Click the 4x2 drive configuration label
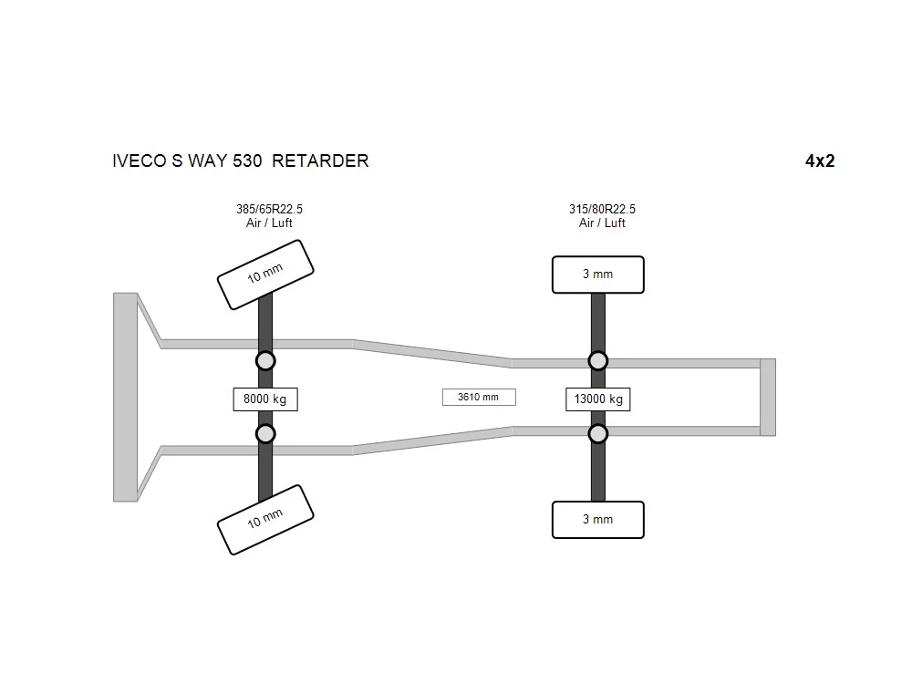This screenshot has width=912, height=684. pos(820,161)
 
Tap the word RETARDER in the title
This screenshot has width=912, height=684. pos(320,161)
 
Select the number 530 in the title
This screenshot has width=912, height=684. pos(247,161)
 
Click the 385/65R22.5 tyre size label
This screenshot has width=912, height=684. pos(269,209)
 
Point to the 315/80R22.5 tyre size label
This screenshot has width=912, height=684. pos(602,209)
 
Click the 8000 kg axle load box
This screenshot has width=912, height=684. pos(265,399)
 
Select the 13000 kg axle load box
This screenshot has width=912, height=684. pos(598,399)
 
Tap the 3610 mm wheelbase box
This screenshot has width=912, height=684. pos(479,398)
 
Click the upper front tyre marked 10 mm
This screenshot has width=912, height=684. pos(265,275)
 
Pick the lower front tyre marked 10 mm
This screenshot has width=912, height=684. pos(265,520)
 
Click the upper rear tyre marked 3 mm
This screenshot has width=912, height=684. pos(598,275)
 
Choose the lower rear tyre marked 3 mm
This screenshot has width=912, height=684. pos(598,520)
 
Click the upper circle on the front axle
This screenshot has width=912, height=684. pos(265,361)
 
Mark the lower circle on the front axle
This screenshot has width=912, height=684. pos(265,434)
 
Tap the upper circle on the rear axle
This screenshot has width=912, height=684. pos(598,361)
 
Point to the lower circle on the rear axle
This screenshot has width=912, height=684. pos(598,434)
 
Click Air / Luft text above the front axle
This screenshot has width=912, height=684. pos(269,223)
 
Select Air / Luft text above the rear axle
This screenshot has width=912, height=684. pos(602,223)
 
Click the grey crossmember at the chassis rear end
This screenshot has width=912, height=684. pos(768,398)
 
